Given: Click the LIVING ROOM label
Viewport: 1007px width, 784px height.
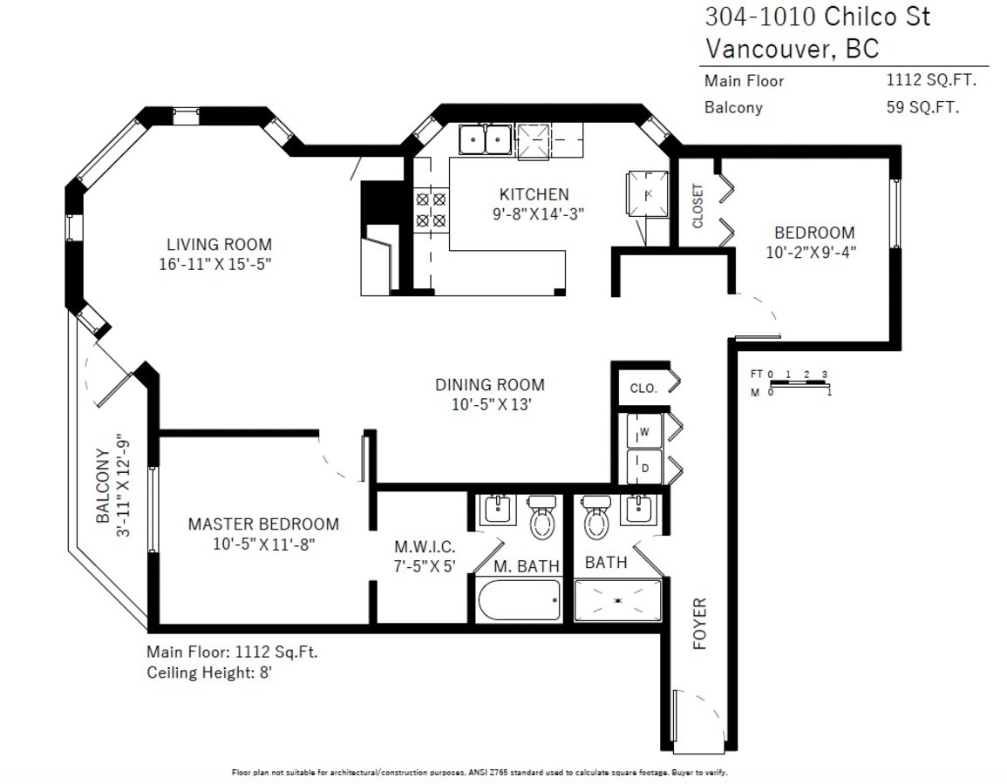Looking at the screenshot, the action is (x=219, y=245).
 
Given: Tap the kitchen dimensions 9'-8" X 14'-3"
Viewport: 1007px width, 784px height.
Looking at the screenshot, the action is (x=538, y=213).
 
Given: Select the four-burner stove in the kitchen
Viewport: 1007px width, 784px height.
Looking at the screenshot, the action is (x=431, y=210).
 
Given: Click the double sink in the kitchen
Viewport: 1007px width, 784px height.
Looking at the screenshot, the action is (x=485, y=139).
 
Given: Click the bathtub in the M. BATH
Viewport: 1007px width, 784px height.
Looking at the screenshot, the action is (x=519, y=600).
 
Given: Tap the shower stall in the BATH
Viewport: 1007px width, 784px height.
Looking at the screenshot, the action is (x=618, y=600).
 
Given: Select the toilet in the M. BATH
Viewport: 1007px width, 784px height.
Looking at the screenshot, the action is (x=542, y=517).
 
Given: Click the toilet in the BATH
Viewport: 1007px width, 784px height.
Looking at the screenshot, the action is (x=596, y=517).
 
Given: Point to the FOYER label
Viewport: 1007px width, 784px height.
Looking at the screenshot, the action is (x=699, y=624).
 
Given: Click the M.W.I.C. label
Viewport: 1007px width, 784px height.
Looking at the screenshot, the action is (x=425, y=546).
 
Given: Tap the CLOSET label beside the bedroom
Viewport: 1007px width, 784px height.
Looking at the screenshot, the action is (x=697, y=206).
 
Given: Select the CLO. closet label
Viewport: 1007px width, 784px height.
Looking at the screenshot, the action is (x=643, y=389).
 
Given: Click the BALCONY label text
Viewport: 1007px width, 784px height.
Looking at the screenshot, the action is (x=103, y=485).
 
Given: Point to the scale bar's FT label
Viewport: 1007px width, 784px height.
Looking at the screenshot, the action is (x=757, y=374).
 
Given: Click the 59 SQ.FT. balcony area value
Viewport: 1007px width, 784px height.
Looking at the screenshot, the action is (x=923, y=107).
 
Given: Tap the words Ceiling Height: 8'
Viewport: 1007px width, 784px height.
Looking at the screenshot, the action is (x=209, y=672).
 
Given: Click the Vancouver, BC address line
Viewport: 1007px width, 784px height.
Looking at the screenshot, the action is (x=792, y=49).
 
